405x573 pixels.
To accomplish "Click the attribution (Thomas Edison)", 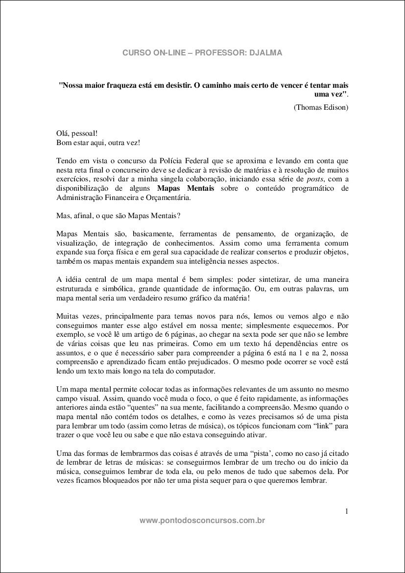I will coord(321,107).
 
